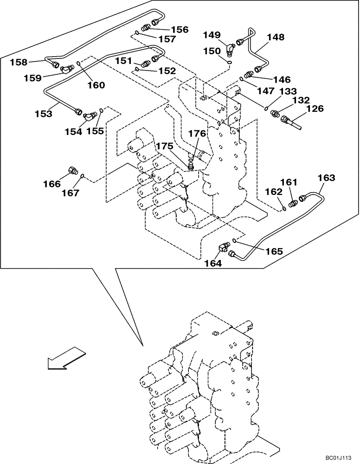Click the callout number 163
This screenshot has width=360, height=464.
click(x=326, y=177)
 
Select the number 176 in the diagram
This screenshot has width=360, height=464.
click(x=197, y=134)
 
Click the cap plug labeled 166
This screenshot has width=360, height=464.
click(x=72, y=170)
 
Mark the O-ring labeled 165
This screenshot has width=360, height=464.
click(x=236, y=240)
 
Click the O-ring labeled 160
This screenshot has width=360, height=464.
click(x=79, y=64)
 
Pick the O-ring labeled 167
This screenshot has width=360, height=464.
click(x=82, y=176)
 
